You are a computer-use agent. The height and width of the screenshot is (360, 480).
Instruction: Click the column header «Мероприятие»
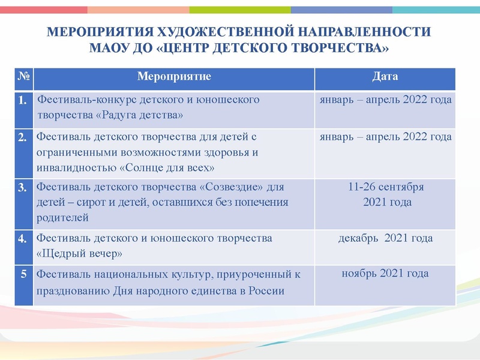[x=174, y=77]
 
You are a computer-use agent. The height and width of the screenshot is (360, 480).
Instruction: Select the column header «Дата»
[x=385, y=77]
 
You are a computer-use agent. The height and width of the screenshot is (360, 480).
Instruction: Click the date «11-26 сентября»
[x=386, y=187]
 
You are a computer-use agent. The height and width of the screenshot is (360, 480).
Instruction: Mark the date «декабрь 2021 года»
[x=385, y=238]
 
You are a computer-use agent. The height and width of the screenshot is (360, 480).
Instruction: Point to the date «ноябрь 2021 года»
[x=385, y=274]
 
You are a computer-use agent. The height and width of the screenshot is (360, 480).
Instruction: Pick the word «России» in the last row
[x=267, y=292]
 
